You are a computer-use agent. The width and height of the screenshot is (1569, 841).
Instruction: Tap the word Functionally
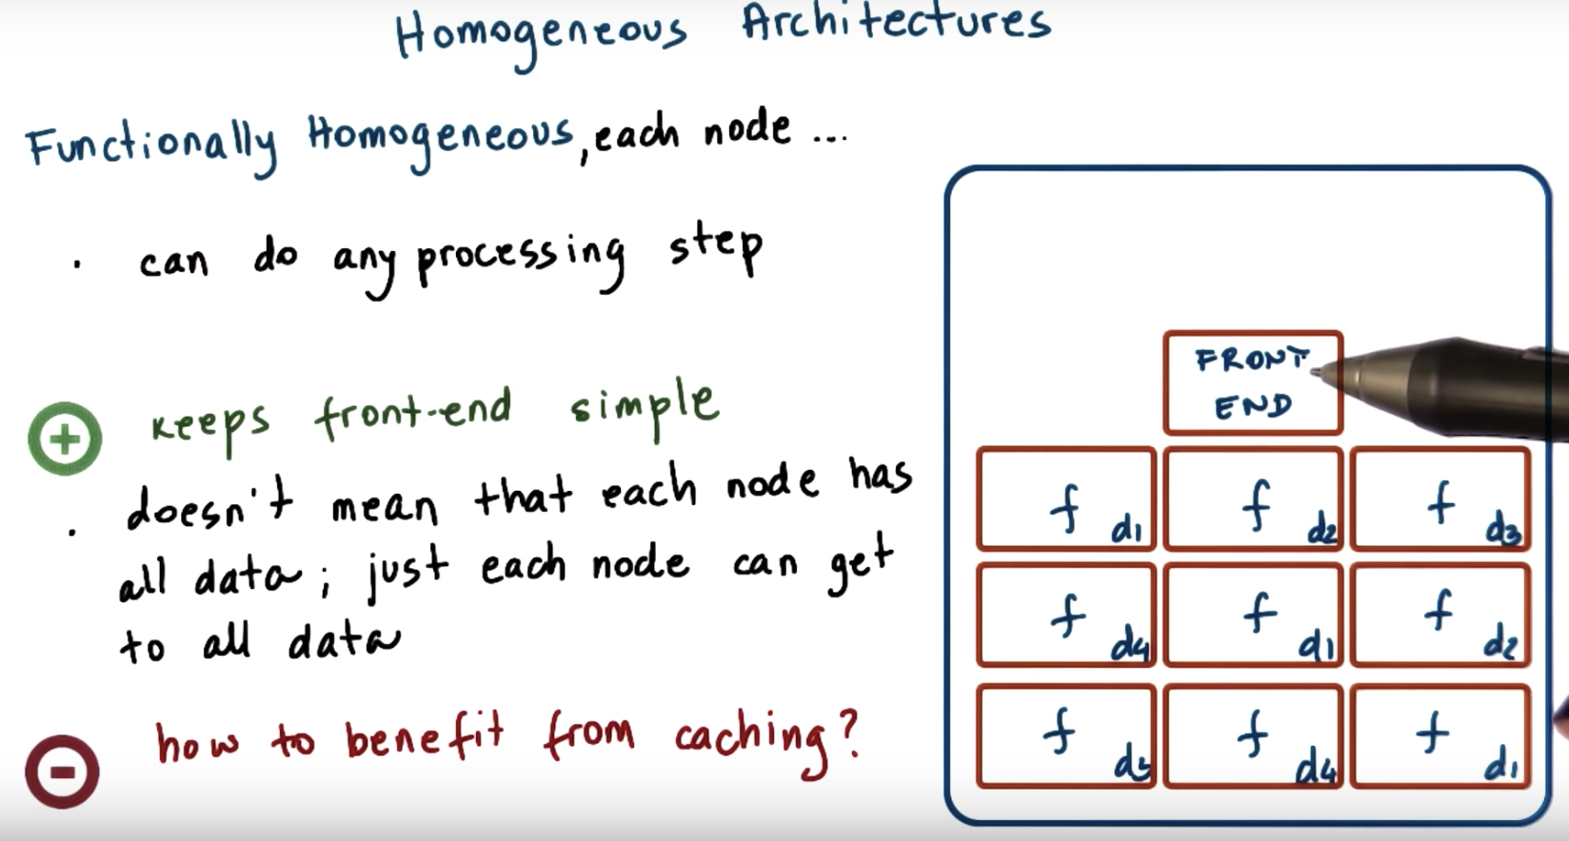tap(152, 145)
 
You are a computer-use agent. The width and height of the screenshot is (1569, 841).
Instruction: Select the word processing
tap(520, 257)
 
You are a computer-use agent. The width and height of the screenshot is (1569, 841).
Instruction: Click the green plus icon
tap(65, 439)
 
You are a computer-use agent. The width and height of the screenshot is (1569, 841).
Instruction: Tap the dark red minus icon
tap(62, 771)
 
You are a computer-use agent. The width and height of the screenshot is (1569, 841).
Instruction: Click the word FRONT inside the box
tap(1251, 361)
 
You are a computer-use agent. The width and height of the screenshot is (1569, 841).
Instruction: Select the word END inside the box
tap(1253, 407)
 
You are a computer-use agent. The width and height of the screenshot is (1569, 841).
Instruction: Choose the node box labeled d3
tap(1440, 499)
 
